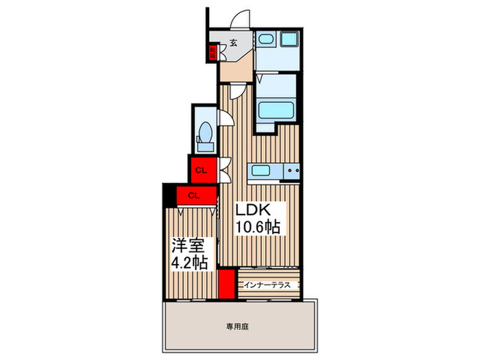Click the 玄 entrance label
(x=233, y=43)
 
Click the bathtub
(x=276, y=110)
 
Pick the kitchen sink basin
(x=261, y=171)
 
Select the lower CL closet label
(x=193, y=195)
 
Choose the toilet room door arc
(x=225, y=118)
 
